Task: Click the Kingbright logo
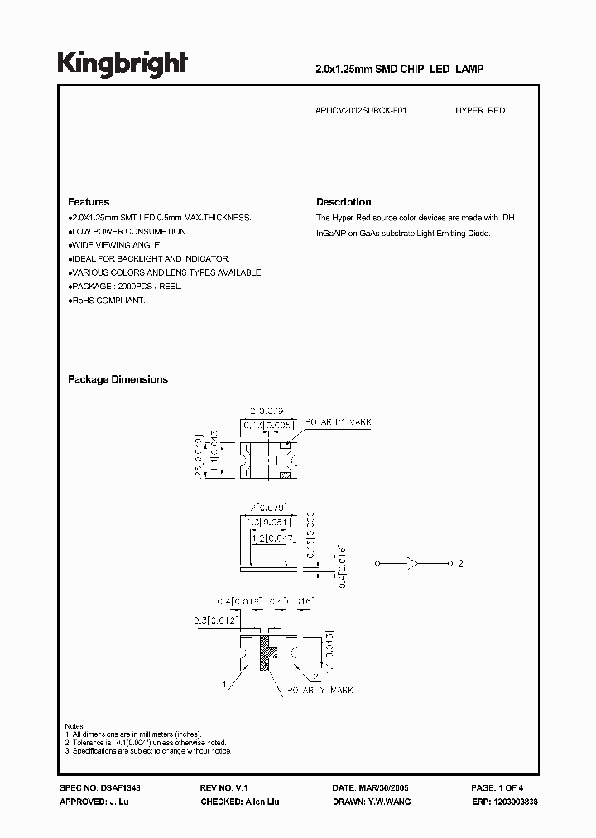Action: pos(123,64)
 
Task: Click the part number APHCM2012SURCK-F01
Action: pos(362,110)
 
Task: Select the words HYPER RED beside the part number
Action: pos(480,110)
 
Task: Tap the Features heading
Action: pos(89,202)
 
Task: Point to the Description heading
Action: pos(344,202)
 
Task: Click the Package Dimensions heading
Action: pos(118,379)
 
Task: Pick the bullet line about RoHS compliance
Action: pos(108,301)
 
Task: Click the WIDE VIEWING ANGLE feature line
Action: pos(117,245)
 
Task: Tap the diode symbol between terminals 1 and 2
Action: pos(411,563)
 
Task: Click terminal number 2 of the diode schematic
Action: pos(461,563)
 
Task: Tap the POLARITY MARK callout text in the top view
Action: pos(339,423)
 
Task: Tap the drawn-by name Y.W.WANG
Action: pos(386,802)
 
